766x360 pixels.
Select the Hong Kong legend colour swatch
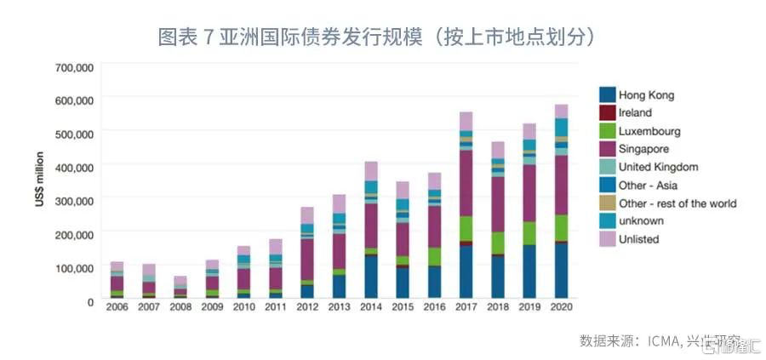point(608,94)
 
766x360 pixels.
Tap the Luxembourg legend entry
point(649,131)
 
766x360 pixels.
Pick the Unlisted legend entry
point(639,239)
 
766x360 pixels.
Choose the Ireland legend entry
point(635,112)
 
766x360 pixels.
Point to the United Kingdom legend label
point(659,167)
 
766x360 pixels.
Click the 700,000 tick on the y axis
point(73,66)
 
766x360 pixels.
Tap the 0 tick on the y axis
point(89,300)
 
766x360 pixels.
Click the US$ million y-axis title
point(39,183)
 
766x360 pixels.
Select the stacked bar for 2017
point(466,204)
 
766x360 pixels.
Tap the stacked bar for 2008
point(180,287)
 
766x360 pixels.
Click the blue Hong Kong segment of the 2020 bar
point(561,270)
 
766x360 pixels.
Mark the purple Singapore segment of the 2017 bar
point(466,183)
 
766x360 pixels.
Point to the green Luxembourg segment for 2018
point(498,243)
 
